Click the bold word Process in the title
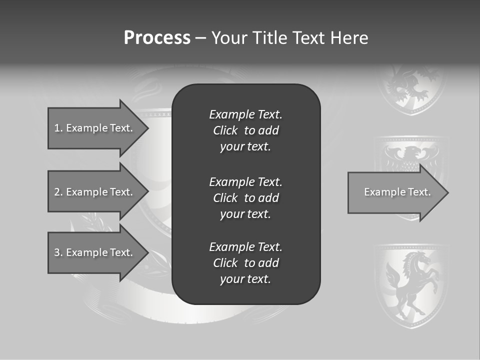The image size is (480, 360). tap(157, 38)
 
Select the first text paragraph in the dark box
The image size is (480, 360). tap(245, 130)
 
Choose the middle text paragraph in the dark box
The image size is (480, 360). tap(245, 198)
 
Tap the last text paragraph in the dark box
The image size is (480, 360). tap(245, 263)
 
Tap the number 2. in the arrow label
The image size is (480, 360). tap(58, 192)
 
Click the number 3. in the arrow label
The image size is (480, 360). tap(58, 252)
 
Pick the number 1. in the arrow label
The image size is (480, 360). tap(58, 128)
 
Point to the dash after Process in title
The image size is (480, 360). tap(201, 38)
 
